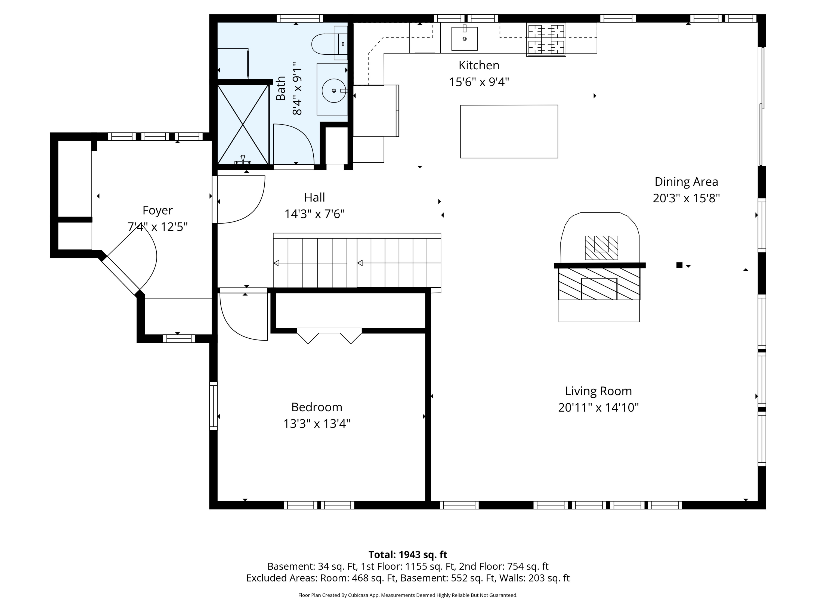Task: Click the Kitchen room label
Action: (479, 65)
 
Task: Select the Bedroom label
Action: (317, 407)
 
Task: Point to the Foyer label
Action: (157, 211)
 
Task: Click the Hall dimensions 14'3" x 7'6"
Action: (315, 214)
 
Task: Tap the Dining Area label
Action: (686, 182)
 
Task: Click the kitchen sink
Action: (465, 38)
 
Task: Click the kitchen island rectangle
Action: (509, 132)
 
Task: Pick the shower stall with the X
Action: (243, 124)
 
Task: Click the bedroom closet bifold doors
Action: (329, 336)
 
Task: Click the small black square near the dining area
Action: (679, 265)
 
